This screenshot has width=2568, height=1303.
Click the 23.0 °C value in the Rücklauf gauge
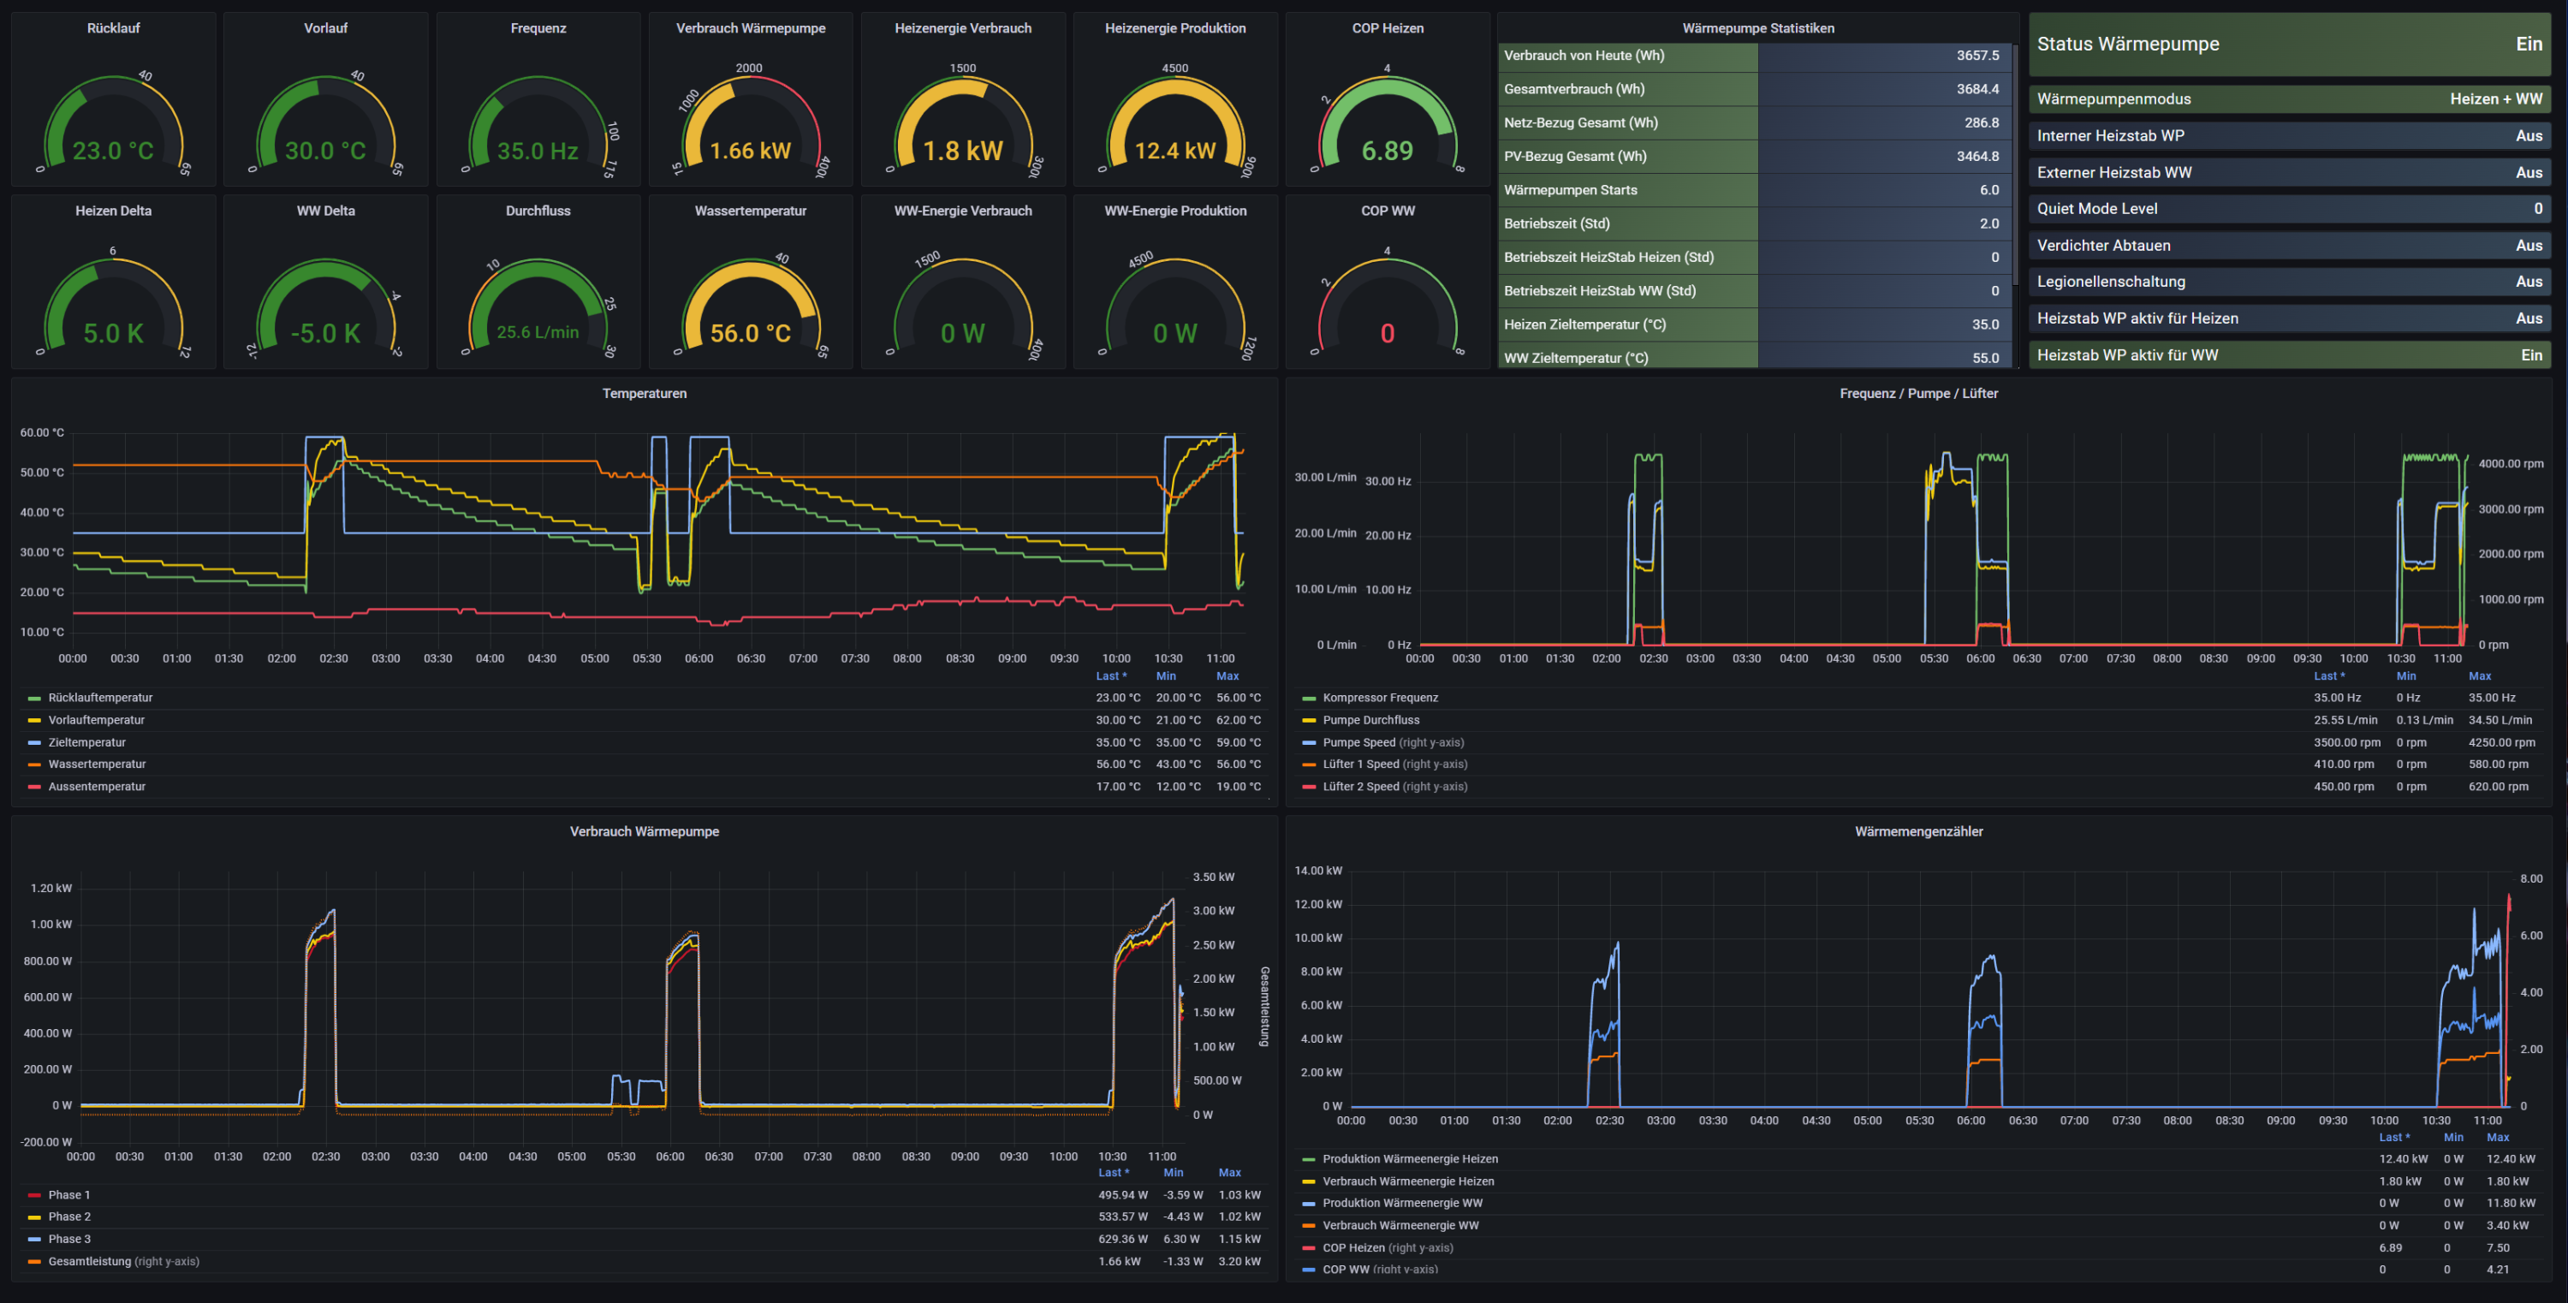(113, 151)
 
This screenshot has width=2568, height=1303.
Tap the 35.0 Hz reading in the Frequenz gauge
(538, 151)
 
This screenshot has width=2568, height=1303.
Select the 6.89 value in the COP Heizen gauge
(1387, 151)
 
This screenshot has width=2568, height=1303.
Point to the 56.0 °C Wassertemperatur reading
(750, 333)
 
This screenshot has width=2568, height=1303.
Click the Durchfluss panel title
(538, 211)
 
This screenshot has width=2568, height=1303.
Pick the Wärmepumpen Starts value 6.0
(1988, 189)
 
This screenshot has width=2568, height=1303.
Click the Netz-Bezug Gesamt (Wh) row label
(1580, 122)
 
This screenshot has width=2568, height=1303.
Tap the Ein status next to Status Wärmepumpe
(2528, 44)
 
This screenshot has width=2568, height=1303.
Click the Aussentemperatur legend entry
(97, 787)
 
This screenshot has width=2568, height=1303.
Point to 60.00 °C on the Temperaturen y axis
(42, 432)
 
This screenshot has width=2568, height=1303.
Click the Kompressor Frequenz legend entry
(1380, 698)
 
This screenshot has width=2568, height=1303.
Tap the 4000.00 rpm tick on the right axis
(2510, 463)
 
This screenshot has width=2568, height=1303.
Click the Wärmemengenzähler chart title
(1918, 831)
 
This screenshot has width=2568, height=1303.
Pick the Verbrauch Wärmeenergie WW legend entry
(1400, 1225)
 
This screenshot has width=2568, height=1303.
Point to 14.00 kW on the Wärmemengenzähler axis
(1318, 871)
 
